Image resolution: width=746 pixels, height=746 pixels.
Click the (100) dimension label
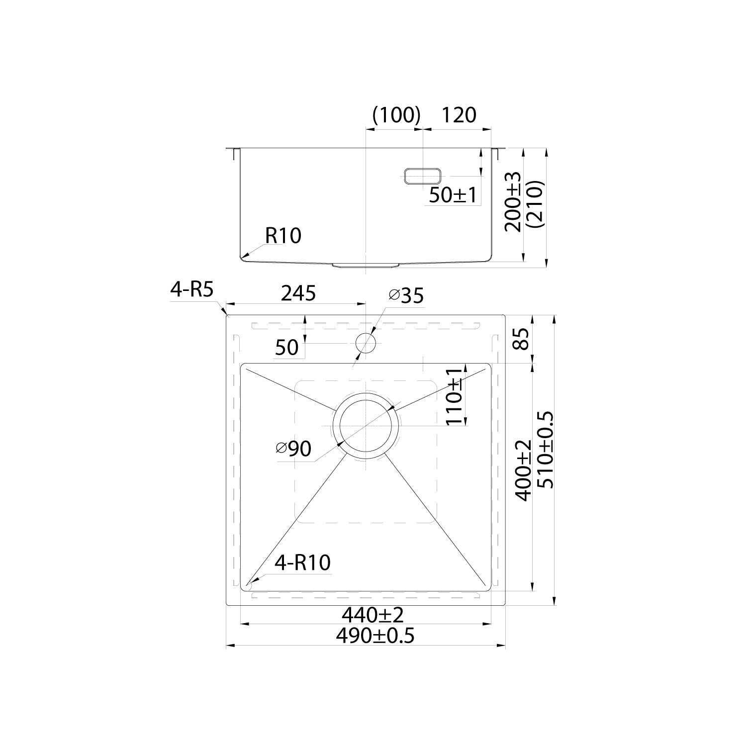pos(397,115)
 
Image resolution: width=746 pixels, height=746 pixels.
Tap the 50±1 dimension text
pos(453,195)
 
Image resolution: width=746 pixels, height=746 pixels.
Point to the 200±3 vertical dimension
pos(512,201)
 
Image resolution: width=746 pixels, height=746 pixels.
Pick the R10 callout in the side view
pos(283,235)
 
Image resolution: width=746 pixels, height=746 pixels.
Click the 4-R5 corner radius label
pos(191,289)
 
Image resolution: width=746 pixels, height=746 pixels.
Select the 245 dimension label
pos(298,293)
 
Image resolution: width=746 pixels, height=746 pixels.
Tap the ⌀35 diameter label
pos(406,295)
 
